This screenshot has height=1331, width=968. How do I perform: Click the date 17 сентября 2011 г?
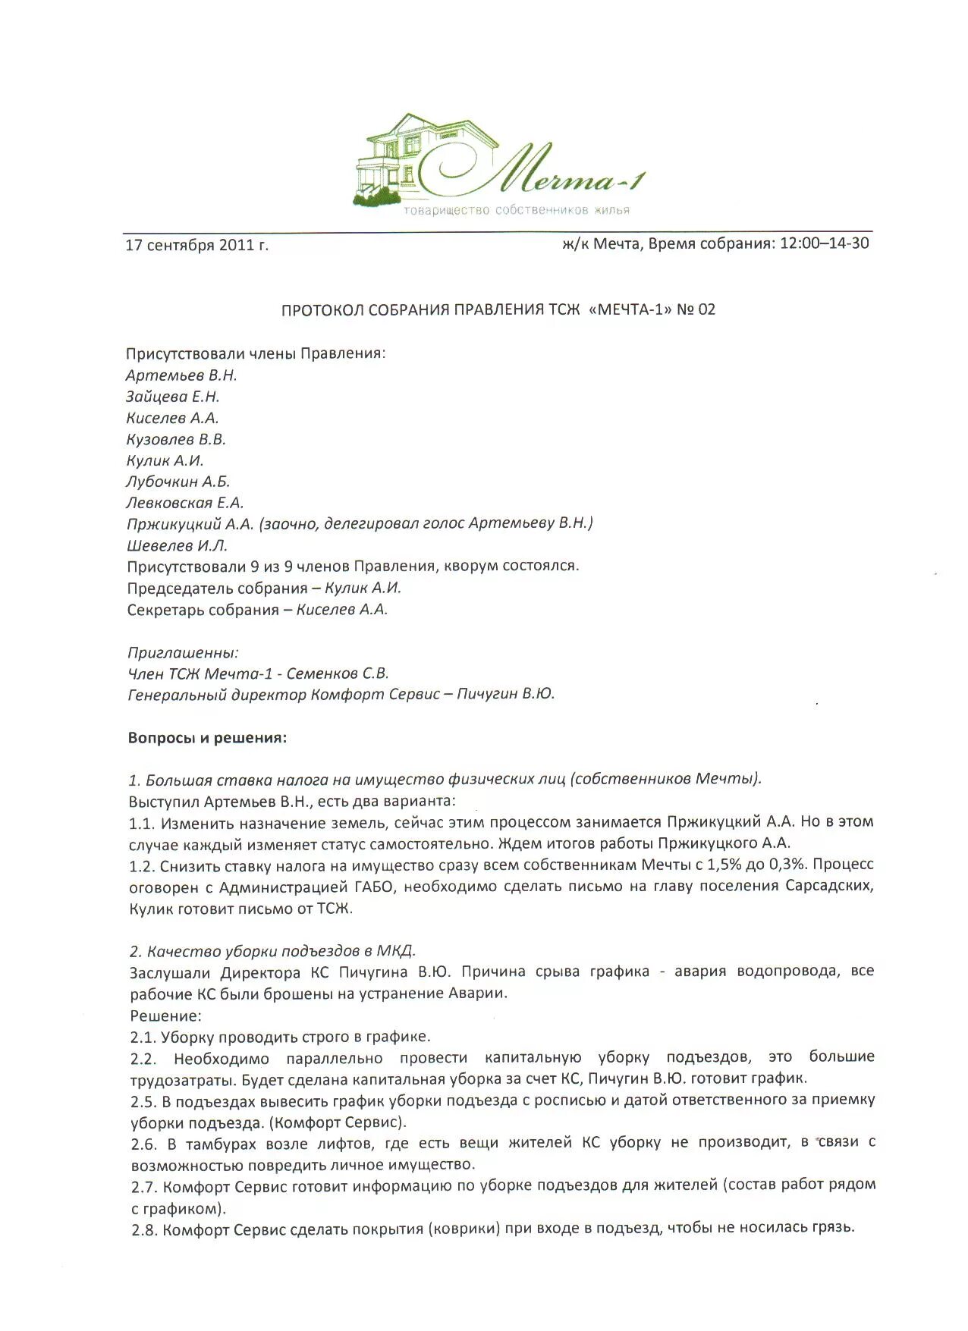[196, 246]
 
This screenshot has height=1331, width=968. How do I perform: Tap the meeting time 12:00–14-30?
[824, 243]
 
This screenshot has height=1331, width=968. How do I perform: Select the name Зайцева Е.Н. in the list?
[172, 397]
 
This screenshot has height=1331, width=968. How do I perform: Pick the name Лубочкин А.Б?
[178, 482]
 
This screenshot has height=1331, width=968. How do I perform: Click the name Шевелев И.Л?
[177, 545]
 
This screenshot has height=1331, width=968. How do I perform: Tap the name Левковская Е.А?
[184, 503]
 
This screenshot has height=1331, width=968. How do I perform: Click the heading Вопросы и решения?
[207, 738]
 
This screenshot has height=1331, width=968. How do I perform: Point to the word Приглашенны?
[183, 652]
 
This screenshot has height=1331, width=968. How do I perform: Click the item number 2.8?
[143, 1229]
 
